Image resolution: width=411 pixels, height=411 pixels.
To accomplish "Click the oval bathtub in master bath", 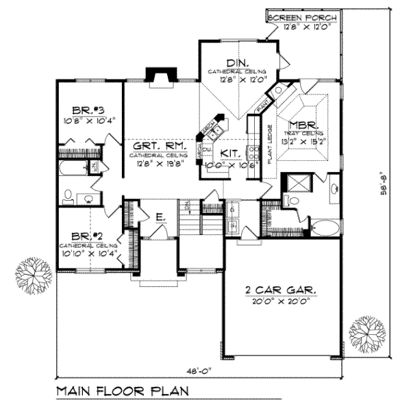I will click(325, 228).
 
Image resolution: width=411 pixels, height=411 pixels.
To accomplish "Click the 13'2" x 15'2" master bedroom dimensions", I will click(306, 142).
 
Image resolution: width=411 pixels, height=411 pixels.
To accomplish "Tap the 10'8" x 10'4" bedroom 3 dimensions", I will click(89, 121).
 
